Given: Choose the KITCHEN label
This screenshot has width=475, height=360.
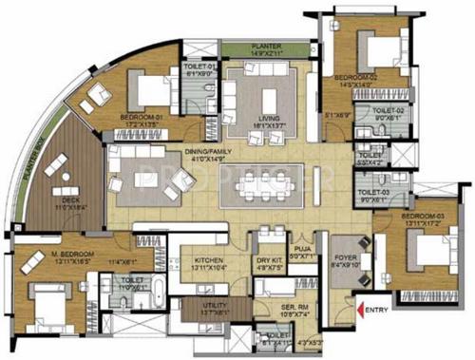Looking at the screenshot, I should coord(208,260).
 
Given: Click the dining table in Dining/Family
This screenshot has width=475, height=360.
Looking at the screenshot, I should coord(258,186).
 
